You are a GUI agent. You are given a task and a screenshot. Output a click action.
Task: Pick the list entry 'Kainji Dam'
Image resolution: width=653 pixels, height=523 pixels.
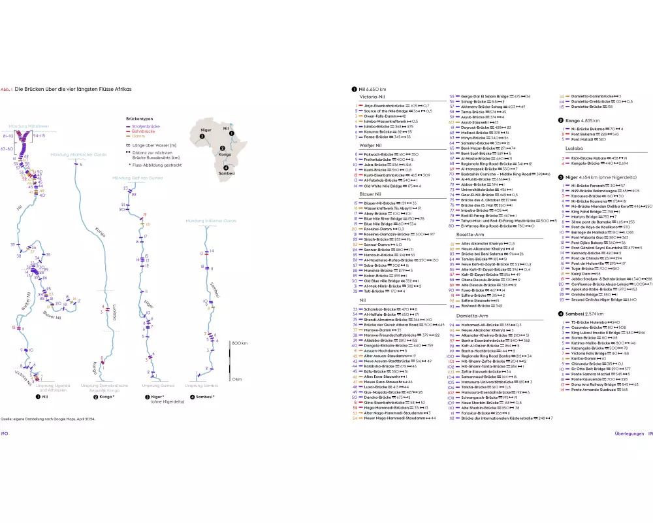tap(580, 274)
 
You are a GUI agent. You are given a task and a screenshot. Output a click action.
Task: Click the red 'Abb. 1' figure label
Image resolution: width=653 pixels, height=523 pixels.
tap(7, 89)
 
